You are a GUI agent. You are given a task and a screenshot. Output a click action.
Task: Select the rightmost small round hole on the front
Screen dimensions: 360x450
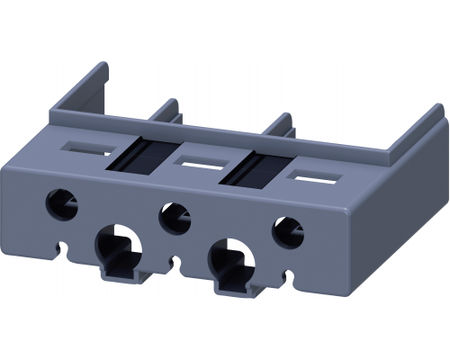coord(289,233)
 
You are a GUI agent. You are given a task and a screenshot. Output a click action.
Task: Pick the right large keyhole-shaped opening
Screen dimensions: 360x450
coord(230,262)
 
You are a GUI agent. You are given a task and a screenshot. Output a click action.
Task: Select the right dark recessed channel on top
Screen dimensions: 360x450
coord(256,169)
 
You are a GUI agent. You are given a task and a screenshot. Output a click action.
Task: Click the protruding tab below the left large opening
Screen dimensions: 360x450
coord(118,274)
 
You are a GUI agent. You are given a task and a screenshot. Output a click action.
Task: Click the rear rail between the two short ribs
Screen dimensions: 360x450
coord(225,129)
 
